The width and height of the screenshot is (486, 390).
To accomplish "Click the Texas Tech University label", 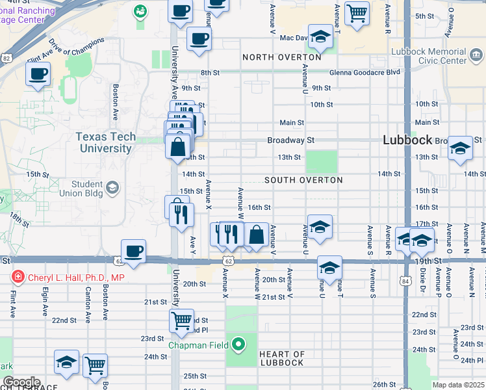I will (x=106, y=142).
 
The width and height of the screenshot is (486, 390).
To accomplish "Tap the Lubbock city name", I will (x=407, y=140).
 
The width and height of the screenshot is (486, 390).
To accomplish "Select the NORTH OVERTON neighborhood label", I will (x=281, y=57).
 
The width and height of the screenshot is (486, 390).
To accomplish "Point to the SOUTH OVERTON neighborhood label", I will (x=303, y=179).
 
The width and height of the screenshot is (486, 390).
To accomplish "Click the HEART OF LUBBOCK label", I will (x=281, y=357).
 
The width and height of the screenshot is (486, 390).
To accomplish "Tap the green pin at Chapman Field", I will (x=239, y=344).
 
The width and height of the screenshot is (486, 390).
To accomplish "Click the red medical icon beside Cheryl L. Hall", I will (x=18, y=278).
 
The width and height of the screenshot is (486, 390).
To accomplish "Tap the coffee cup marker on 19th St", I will (x=133, y=252).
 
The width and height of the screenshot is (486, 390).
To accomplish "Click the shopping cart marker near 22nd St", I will (x=181, y=320).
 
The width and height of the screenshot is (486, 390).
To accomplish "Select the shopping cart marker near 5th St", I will (x=357, y=12).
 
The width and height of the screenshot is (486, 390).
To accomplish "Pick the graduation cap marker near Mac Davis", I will (x=320, y=37).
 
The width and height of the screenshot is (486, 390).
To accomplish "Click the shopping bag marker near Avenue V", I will (x=257, y=235).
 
